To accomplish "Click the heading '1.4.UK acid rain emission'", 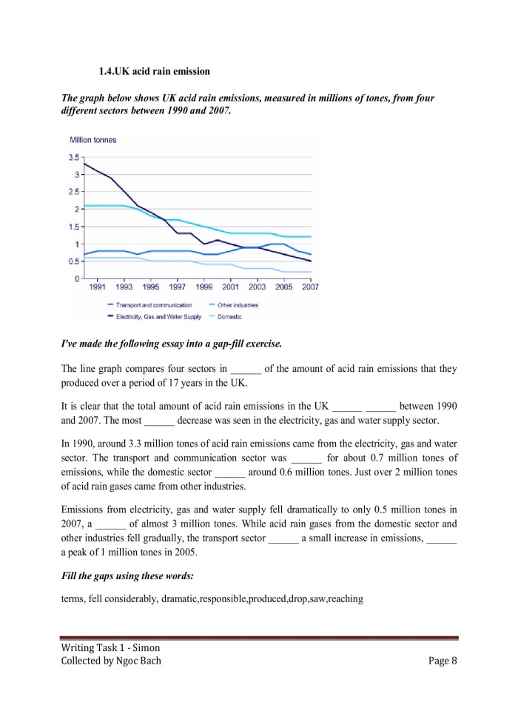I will point(154,72).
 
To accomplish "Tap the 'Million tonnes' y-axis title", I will point(92,140).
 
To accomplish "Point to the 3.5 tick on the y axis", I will point(74,158).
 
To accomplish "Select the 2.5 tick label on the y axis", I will point(74,192).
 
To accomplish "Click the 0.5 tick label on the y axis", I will point(74,261).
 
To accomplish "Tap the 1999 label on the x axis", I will point(204,287).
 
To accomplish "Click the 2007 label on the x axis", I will point(310,287).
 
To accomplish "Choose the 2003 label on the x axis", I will point(257,287).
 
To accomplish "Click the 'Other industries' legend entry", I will point(237,305).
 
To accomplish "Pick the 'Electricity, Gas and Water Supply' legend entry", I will point(158,316).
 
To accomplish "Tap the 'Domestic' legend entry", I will point(229,316).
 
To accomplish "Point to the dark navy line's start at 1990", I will point(85,164).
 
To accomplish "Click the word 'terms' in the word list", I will point(73,598).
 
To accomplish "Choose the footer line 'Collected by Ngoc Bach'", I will point(111,661).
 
